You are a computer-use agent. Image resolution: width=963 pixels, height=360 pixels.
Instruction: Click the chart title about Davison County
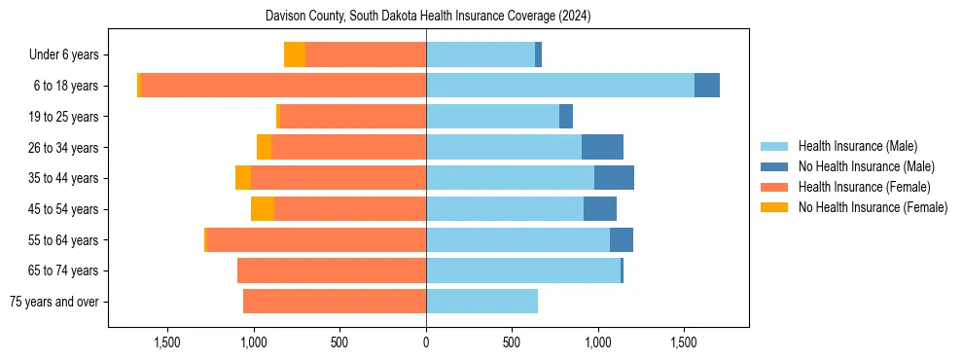(x=428, y=17)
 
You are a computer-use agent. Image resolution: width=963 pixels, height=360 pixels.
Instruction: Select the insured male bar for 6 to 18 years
(x=559, y=86)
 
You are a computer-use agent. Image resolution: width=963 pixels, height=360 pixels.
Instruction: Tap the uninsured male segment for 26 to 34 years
(x=602, y=147)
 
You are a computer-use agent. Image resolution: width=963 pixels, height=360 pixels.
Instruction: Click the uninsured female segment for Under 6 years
(x=294, y=54)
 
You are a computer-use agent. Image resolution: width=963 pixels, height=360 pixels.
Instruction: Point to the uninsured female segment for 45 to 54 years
(x=262, y=209)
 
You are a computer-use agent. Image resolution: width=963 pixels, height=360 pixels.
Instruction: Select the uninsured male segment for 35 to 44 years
(x=614, y=178)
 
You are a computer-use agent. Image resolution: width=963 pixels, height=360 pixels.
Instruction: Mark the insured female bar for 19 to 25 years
(x=352, y=117)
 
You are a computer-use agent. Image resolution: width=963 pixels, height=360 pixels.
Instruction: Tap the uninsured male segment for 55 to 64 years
(x=621, y=240)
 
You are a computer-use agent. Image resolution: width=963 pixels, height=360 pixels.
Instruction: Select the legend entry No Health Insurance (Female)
(x=873, y=207)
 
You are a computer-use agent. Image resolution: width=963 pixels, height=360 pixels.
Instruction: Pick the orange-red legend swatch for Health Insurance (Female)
(x=775, y=187)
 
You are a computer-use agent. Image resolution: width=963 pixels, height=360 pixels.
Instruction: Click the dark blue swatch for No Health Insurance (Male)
(x=775, y=166)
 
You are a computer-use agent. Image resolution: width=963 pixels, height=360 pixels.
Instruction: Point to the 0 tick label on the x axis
(x=426, y=342)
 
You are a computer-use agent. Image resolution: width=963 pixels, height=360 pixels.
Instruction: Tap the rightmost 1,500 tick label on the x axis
(x=683, y=342)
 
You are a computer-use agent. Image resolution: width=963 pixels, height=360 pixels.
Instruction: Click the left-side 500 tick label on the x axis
(x=339, y=342)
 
